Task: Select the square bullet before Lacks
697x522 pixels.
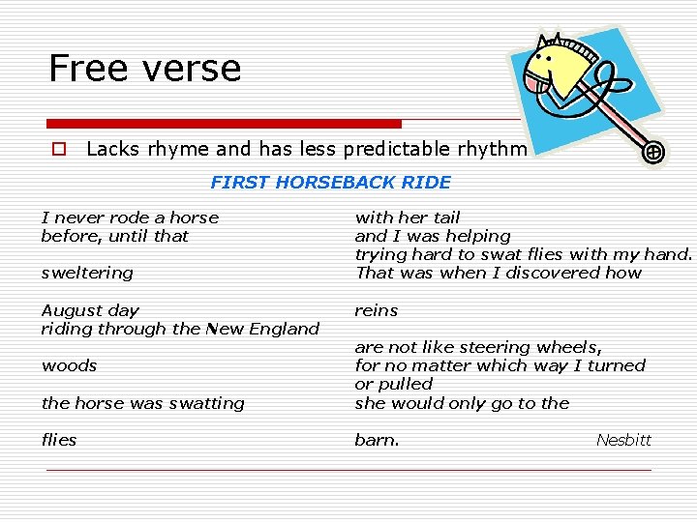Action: [x=59, y=150]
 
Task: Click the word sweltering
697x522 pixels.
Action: [x=87, y=274]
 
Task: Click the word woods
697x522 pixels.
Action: [x=69, y=365]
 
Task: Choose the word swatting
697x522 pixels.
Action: [x=204, y=403]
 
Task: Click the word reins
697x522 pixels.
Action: [x=377, y=310]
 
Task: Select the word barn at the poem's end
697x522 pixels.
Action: [x=375, y=440]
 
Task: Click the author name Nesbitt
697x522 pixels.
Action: [x=623, y=440]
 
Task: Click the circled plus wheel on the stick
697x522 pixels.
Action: [x=654, y=152]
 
